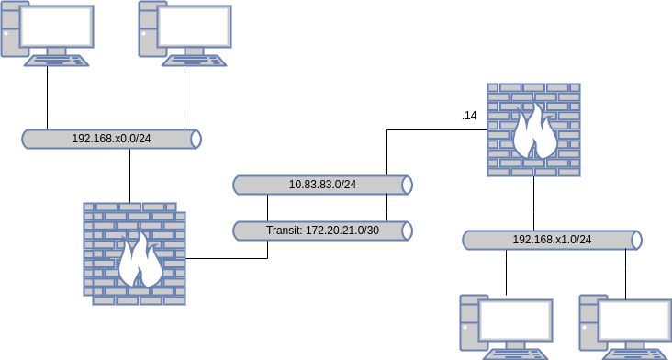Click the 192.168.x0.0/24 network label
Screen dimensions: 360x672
tap(111, 139)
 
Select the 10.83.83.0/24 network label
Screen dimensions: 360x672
tap(322, 185)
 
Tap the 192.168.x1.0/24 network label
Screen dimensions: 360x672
tap(552, 240)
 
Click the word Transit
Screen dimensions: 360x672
tap(283, 231)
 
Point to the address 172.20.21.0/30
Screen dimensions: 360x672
tap(342, 231)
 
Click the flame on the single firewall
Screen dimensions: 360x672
tap(534, 133)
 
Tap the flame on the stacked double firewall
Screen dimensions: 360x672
tap(140, 261)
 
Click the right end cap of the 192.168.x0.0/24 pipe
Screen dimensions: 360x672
tap(195, 139)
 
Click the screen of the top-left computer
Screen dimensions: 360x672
tap(57, 27)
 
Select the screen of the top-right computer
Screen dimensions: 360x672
tap(195, 27)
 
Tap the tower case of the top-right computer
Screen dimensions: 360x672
tap(148, 28)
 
